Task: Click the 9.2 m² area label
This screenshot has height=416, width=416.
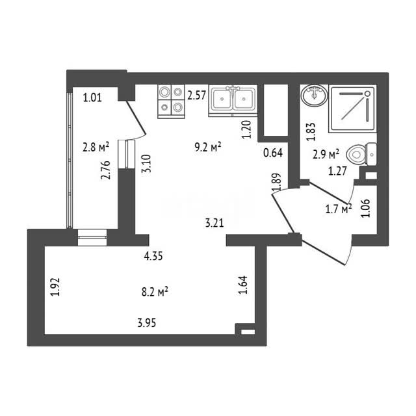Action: click(208, 148)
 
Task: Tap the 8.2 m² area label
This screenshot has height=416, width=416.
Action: click(155, 292)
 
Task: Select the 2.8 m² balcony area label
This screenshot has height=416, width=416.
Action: click(96, 147)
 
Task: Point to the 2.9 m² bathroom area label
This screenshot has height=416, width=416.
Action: click(326, 154)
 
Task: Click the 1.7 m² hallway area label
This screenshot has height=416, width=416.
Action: click(339, 209)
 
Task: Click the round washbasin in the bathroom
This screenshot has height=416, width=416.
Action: click(315, 95)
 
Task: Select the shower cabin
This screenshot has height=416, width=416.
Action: click(352, 109)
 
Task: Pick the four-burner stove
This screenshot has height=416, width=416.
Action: click(171, 101)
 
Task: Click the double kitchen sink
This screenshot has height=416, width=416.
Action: click(233, 101)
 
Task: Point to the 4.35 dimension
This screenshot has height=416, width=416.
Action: click(153, 257)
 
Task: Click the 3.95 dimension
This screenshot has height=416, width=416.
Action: click(147, 323)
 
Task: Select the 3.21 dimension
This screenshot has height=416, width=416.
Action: click(214, 223)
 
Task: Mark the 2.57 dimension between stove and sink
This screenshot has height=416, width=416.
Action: click(196, 96)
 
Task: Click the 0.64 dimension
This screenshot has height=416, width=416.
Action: click(273, 153)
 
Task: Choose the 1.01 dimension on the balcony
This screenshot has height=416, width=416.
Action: click(92, 98)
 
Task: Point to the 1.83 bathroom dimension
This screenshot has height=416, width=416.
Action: click(311, 131)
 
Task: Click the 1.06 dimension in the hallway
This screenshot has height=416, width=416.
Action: click(366, 208)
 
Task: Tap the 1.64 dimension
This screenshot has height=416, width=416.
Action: click(243, 285)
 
